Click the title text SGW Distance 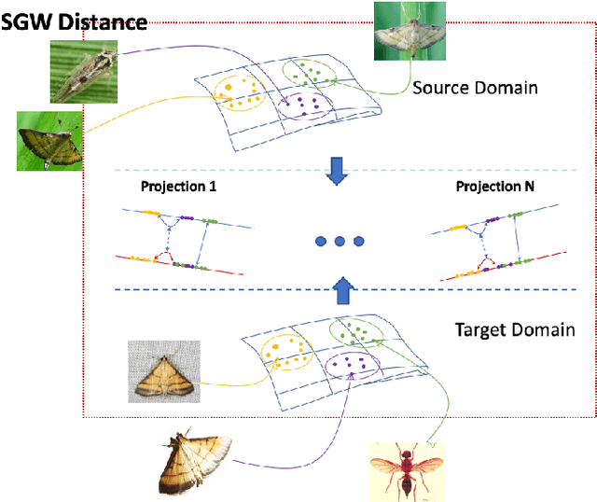coord(74,21)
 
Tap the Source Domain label coord(475,88)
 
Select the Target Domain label coord(513,330)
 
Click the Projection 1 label coord(178,187)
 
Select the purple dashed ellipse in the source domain coord(304,105)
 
